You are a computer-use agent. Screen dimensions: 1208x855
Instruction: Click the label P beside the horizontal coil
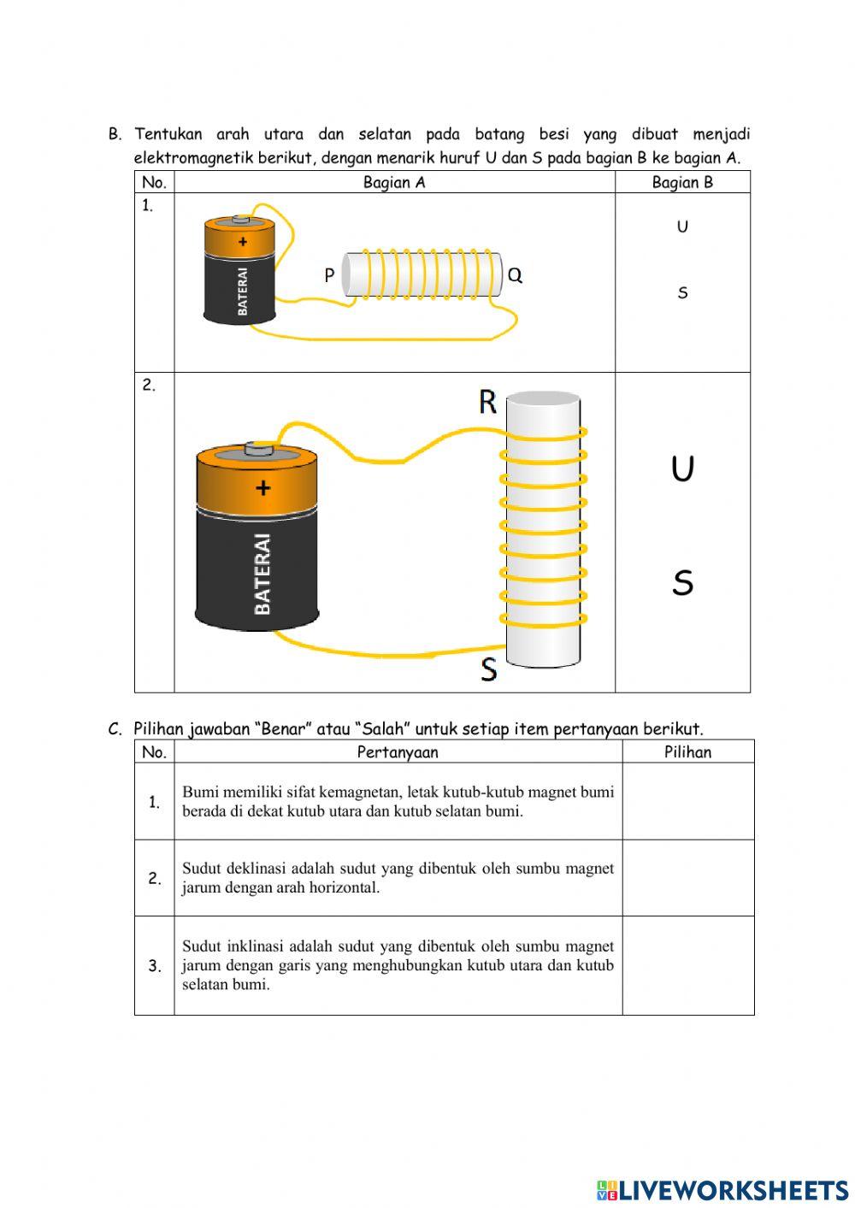pos(329,275)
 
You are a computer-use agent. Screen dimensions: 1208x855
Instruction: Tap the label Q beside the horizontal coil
pos(515,275)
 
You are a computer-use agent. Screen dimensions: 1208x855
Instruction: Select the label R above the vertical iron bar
pos(487,401)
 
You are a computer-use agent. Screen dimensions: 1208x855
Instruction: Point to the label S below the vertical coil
pos(488,669)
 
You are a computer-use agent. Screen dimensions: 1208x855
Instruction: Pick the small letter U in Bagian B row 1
pos(682,227)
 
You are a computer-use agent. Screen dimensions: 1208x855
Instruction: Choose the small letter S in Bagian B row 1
pos(682,293)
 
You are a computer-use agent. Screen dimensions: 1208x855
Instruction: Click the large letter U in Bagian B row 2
pos(682,468)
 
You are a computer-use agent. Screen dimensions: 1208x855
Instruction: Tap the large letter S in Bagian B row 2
pos(682,583)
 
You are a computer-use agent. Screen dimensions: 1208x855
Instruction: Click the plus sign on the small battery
pos(243,242)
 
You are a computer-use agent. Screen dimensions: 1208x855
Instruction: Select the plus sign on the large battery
pos(262,487)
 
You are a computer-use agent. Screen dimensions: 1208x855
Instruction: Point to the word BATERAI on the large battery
pos(262,574)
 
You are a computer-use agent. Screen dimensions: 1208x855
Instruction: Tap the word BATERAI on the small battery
pos(243,292)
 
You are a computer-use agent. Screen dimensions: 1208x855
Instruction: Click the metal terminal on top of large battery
pos(256,448)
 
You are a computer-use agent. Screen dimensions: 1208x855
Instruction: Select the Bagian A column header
pos(394,182)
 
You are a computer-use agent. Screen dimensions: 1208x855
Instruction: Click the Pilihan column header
pos(687,752)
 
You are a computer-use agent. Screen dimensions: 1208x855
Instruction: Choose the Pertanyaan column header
pos(398,752)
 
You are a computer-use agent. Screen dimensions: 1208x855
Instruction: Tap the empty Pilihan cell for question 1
pos(687,801)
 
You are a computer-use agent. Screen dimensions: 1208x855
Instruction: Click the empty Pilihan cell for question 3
pos(687,965)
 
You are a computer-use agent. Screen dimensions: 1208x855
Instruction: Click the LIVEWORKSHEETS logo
pos(722,1190)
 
